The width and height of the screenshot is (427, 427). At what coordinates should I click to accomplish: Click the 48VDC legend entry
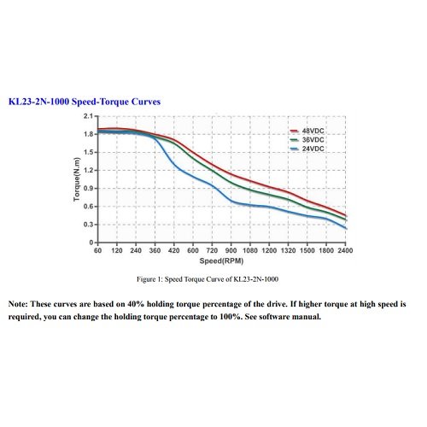click(x=307, y=131)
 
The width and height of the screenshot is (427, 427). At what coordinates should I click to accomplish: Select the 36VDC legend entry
click(x=307, y=140)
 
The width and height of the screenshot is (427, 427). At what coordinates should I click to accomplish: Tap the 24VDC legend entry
click(x=307, y=149)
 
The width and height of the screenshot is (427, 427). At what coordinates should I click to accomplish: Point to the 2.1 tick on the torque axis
click(x=88, y=116)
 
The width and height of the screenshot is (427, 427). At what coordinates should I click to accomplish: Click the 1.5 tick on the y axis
click(x=88, y=152)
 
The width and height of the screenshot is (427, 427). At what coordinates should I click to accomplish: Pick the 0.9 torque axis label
click(x=88, y=189)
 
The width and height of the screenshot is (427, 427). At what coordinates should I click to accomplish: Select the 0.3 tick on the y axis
click(x=88, y=225)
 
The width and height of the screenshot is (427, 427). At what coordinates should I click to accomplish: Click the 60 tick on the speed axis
click(x=97, y=250)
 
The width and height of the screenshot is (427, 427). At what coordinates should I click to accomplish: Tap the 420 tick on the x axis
click(x=174, y=250)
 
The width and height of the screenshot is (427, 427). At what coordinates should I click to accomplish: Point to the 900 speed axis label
click(x=231, y=250)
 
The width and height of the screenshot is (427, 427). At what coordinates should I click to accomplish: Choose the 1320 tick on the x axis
click(x=289, y=250)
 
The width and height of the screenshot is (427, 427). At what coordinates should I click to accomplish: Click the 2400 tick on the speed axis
click(x=345, y=250)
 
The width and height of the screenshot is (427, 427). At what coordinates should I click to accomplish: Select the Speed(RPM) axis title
click(x=221, y=260)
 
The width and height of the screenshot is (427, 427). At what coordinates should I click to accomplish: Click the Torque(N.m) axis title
click(x=77, y=179)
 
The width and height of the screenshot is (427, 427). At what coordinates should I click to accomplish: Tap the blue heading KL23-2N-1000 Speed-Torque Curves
click(x=85, y=102)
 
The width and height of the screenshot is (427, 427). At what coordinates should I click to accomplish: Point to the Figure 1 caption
click(x=208, y=279)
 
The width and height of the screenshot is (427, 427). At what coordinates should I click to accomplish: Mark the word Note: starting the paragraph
click(x=18, y=304)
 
